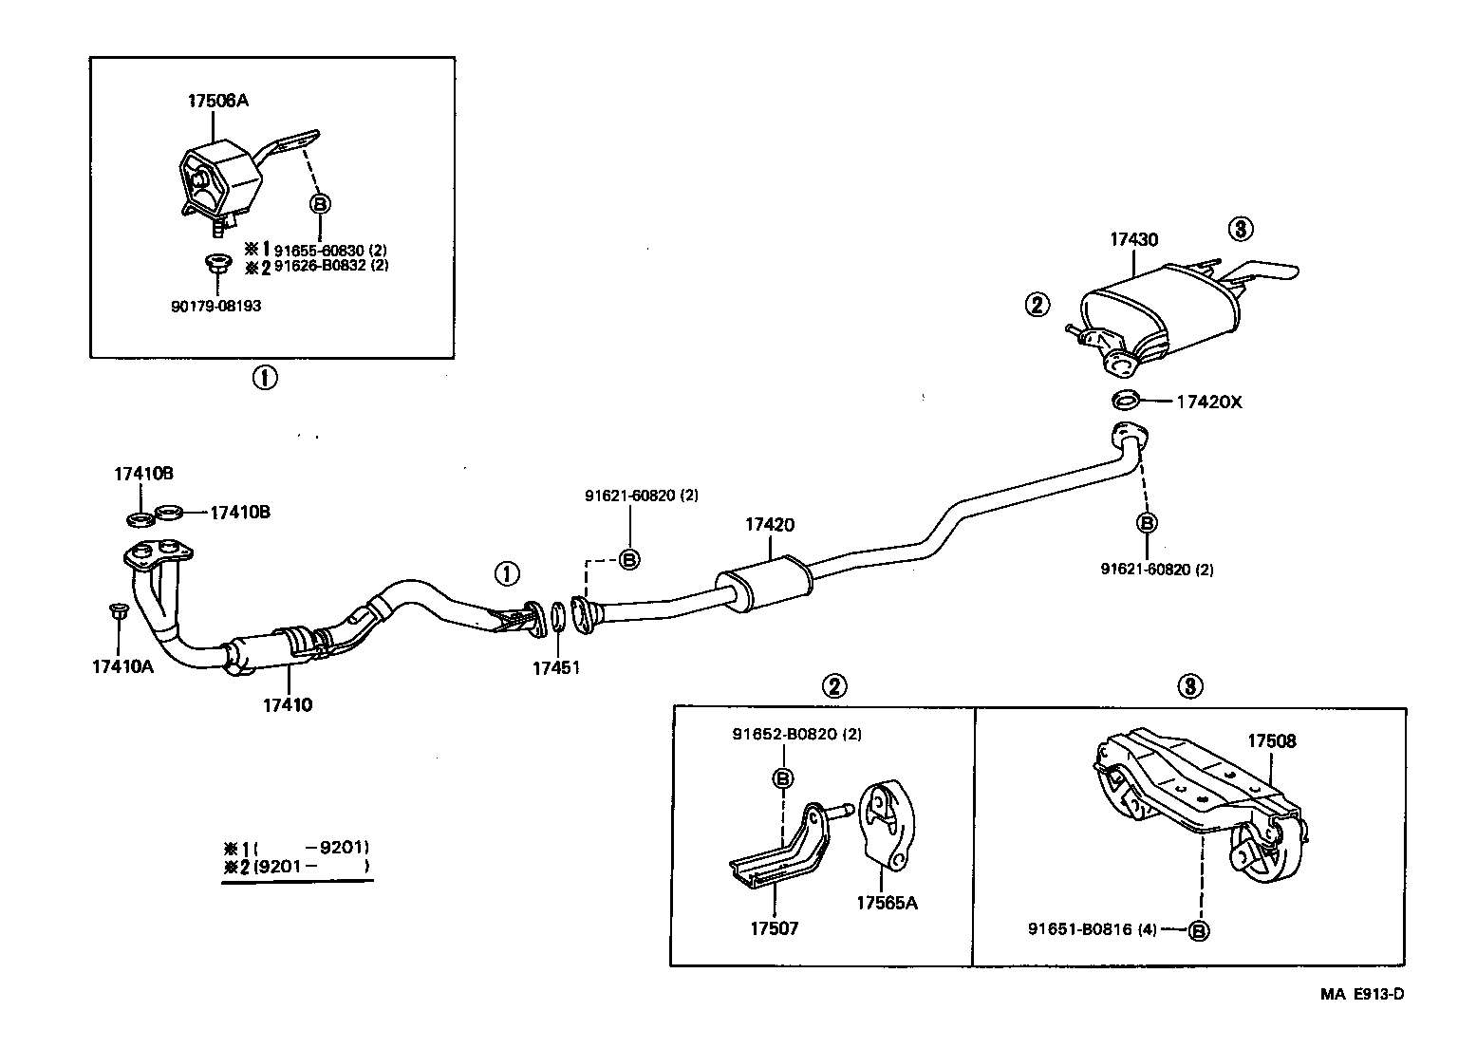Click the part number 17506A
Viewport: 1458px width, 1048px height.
tap(217, 100)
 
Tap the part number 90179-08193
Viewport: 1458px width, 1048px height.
tap(215, 306)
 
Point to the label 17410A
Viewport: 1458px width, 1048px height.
tap(121, 665)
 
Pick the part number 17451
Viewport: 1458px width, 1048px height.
tap(555, 667)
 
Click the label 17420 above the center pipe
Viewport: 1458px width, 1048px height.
tap(769, 524)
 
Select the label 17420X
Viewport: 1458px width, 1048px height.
tap(1208, 402)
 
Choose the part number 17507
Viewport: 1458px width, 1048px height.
tap(774, 927)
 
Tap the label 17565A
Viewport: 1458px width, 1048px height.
tap(887, 903)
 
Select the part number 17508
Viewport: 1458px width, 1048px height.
tap(1271, 740)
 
